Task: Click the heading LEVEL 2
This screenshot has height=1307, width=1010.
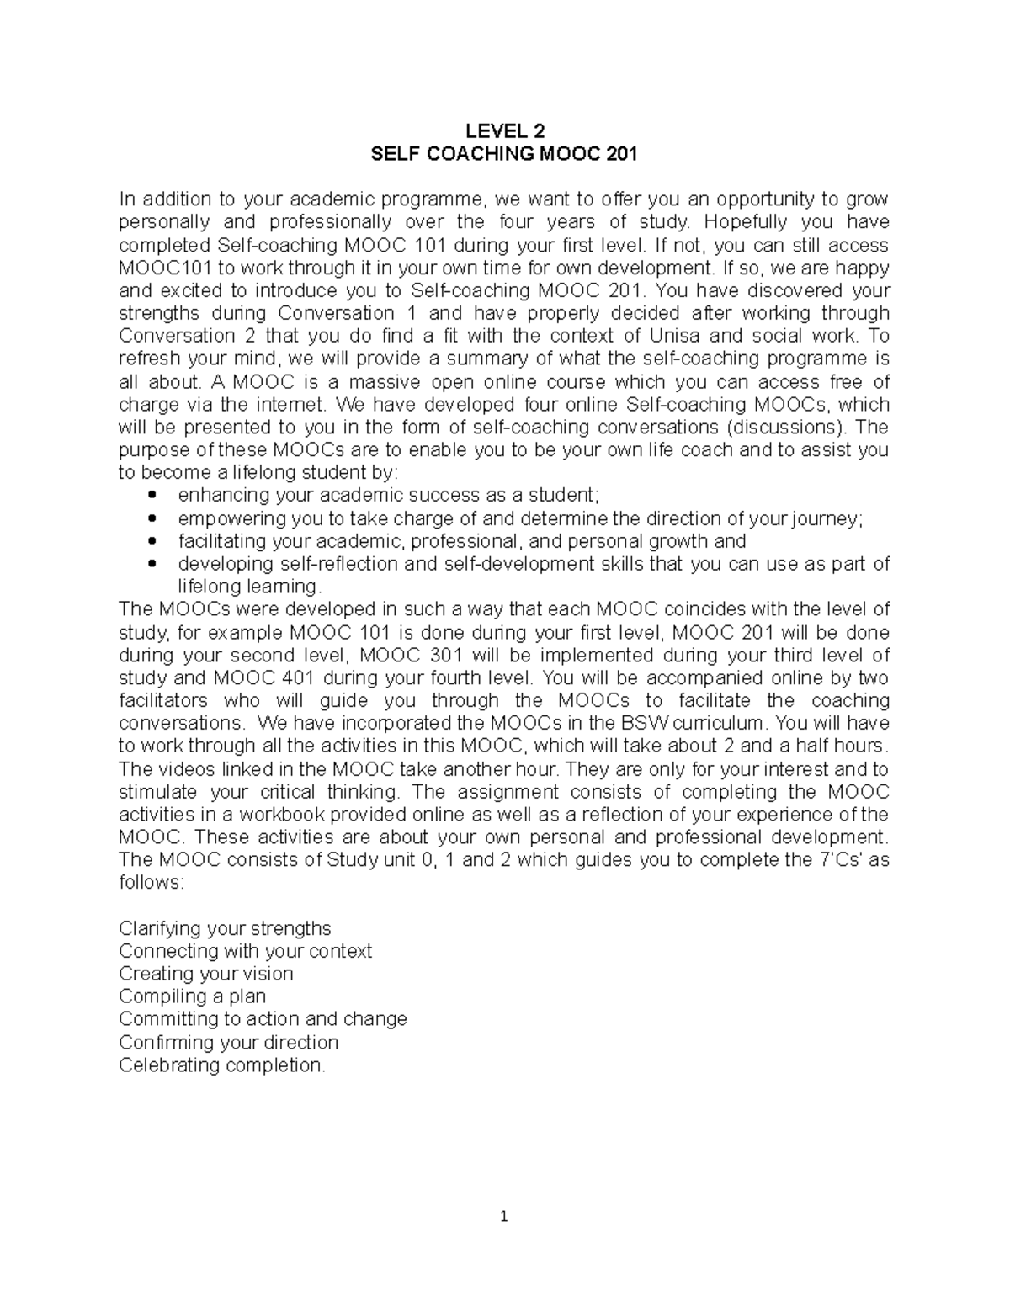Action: coord(505,131)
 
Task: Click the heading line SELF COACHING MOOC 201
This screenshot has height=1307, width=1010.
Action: coord(505,154)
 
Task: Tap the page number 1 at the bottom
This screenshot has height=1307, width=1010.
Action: coord(504,1217)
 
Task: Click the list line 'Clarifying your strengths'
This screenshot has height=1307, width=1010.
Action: coord(225,928)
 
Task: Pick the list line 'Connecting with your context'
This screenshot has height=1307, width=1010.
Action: coord(245,951)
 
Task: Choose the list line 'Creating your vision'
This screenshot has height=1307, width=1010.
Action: coord(206,974)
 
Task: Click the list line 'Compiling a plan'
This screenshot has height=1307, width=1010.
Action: coord(192,996)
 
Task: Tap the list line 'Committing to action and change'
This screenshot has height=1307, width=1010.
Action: coord(263,1019)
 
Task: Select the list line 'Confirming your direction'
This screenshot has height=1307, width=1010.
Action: coord(228,1043)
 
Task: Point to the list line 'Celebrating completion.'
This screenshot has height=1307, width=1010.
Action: coord(221,1065)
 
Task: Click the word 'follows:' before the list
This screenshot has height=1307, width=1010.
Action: coord(151,884)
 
